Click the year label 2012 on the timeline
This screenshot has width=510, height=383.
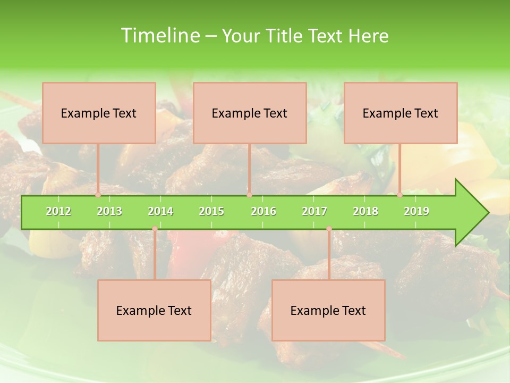coord(58,211)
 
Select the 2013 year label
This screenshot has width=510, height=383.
coord(109,211)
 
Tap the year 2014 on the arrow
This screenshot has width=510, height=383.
coord(160,211)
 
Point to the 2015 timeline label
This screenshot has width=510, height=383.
coord(211,211)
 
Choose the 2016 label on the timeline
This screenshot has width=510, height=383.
coord(263,211)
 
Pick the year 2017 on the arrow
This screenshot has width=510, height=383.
coord(314,211)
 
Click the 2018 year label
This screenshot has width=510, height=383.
coord(365,211)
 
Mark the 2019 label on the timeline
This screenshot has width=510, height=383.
coord(416,211)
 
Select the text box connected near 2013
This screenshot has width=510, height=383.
coord(99,113)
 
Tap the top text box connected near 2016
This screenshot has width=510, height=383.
coord(250,113)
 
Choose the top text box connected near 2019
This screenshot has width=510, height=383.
coord(401,113)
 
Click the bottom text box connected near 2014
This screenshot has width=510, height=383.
coord(154,311)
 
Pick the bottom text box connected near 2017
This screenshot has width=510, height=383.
coord(328,311)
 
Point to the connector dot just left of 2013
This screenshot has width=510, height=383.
coord(98,195)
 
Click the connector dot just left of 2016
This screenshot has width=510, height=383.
coord(249,195)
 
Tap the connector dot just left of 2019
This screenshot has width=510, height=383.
coord(400,195)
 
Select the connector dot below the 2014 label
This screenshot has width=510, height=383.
coord(155,229)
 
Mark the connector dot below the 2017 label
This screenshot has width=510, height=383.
coord(329,229)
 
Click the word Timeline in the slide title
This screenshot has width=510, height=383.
coord(160,36)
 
